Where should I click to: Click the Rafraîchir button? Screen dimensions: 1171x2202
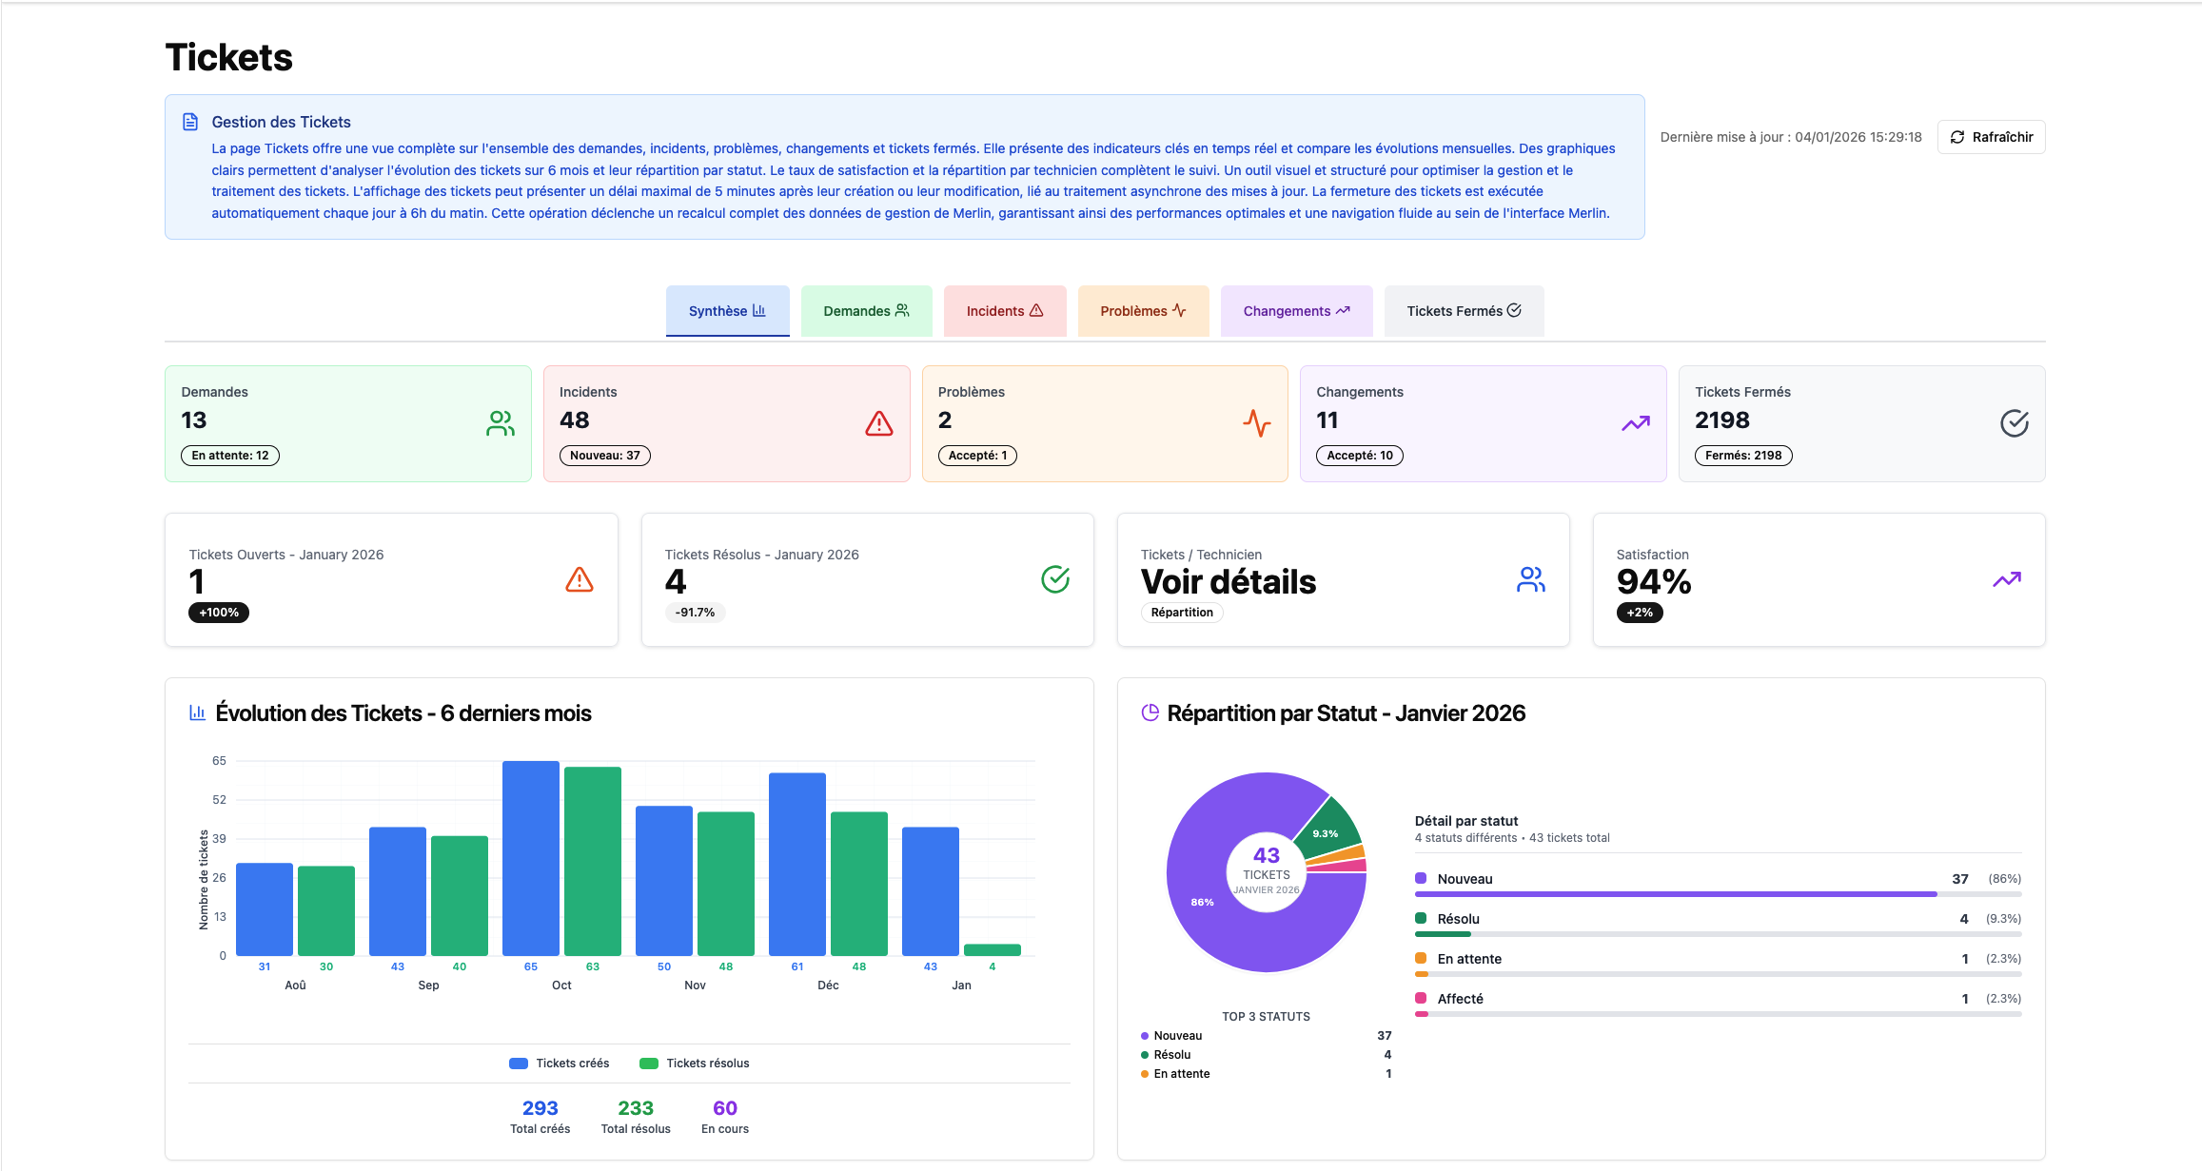1991,137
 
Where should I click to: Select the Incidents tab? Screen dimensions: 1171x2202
1004,311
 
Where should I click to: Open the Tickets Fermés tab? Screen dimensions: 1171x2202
1463,311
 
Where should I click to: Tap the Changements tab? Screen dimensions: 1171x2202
1295,311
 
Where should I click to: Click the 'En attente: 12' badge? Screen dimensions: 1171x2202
229,456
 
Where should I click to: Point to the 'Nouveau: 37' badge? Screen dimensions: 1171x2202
604,456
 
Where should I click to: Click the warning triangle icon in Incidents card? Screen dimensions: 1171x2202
878,423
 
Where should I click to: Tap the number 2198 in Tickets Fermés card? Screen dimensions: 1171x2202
1721,420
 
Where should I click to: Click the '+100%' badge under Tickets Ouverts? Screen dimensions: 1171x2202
218,613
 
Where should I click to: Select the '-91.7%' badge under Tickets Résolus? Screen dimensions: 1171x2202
695,613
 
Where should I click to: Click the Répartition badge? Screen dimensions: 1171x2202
1181,613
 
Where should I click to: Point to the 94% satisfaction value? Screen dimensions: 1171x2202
1653,581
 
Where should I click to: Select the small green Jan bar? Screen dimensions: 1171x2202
992,949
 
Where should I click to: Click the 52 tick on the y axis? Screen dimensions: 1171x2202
219,800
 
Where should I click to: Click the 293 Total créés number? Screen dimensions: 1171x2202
540,1108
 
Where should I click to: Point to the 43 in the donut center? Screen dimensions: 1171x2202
1266,855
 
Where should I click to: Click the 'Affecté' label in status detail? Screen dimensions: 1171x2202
1460,999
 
